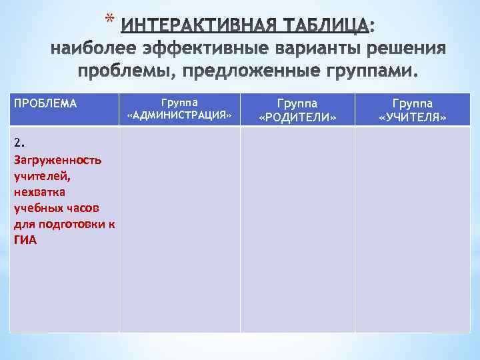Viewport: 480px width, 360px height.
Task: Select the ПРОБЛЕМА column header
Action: [45, 104]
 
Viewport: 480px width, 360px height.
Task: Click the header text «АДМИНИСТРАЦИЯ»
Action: [179, 117]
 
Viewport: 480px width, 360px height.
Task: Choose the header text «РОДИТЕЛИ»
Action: [297, 118]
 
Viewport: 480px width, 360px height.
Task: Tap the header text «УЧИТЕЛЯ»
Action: [413, 118]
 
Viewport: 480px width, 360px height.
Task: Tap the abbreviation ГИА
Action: [25, 240]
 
